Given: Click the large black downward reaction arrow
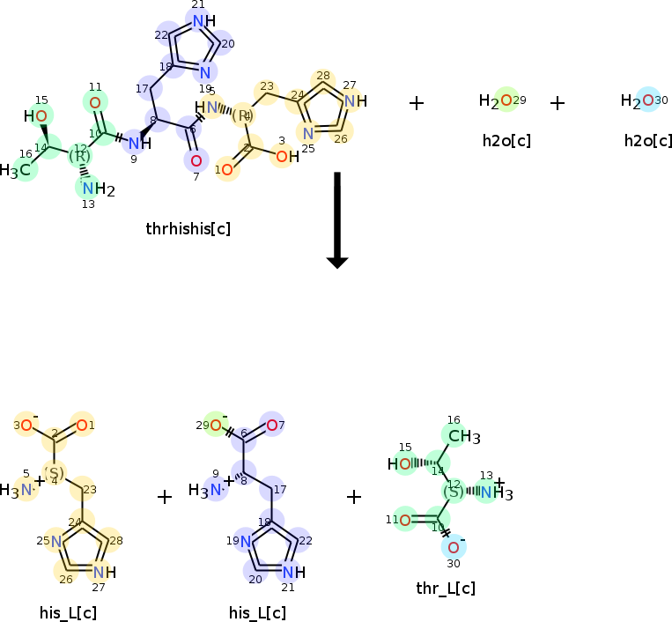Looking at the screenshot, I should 337,220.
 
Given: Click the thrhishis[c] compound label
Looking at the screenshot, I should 188,229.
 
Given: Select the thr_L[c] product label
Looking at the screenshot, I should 446,589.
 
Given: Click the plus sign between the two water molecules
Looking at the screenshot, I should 557,103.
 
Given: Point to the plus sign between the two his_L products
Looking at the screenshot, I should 164,497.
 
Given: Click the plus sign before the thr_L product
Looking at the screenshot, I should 354,497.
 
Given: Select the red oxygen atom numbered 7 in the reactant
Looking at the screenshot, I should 196,161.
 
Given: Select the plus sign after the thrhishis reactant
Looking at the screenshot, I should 417,103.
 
